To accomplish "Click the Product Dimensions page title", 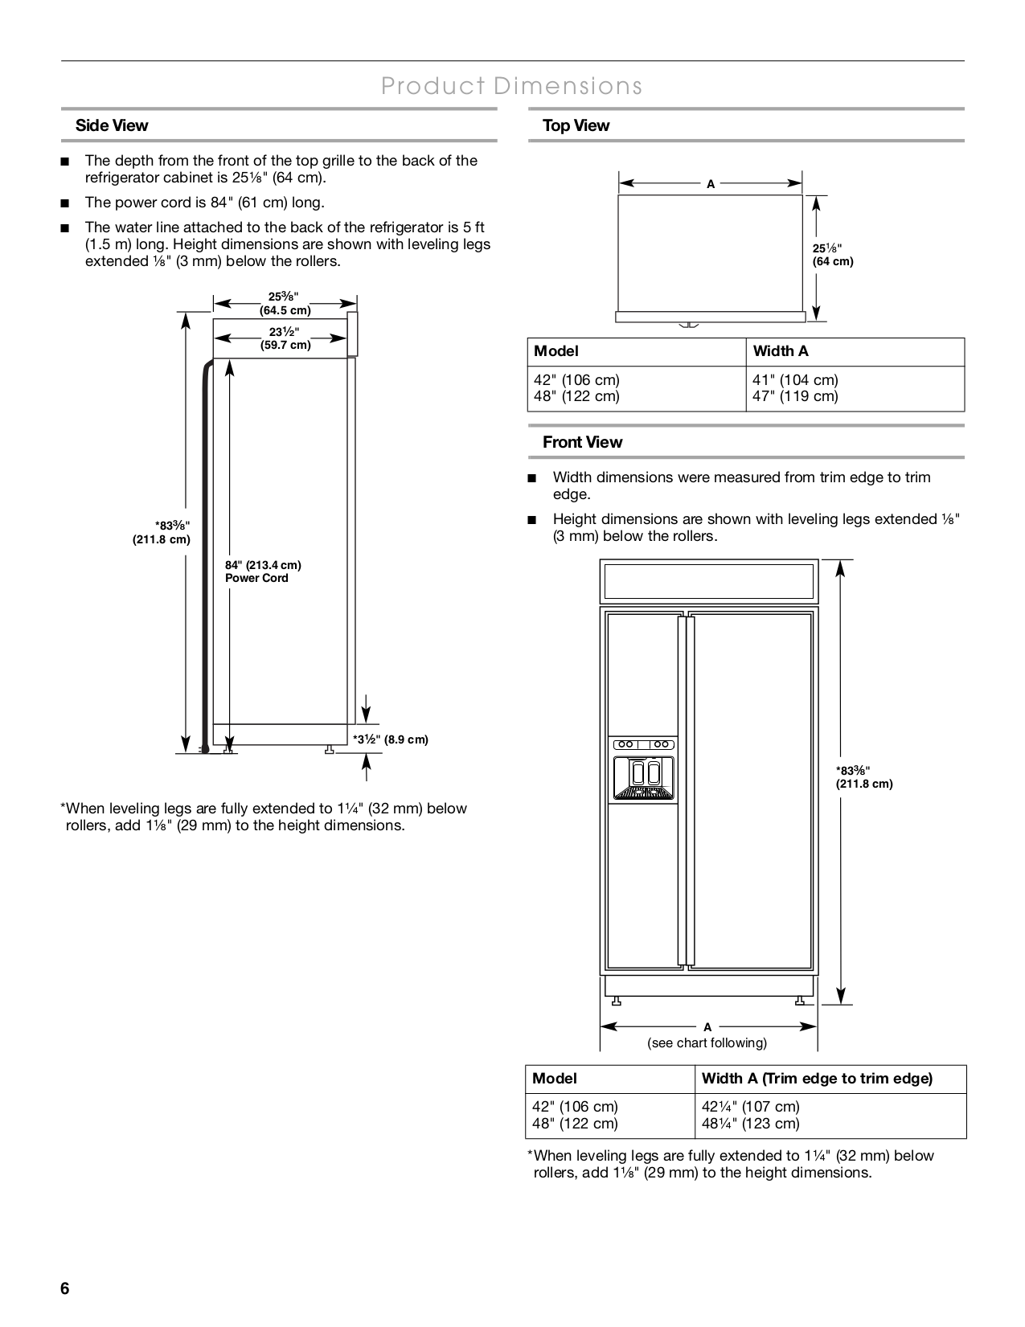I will (x=512, y=86).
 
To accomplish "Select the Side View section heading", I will (x=112, y=125).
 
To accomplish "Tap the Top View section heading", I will (x=576, y=125).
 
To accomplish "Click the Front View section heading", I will (x=582, y=442).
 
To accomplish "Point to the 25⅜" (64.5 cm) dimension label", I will (x=285, y=303).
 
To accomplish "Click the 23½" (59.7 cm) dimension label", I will (x=285, y=338).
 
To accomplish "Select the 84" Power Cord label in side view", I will (x=263, y=571).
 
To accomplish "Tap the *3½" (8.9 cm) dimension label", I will (x=391, y=739).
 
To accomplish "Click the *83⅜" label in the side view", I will (x=163, y=532).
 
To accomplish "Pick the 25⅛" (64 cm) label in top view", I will (x=832, y=255).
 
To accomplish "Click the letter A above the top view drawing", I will (x=711, y=184).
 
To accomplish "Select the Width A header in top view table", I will (x=781, y=351).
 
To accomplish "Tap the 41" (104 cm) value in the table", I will (x=795, y=379).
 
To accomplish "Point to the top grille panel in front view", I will (x=709, y=581).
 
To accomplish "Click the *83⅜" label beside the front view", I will (x=864, y=776).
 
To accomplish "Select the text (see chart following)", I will (x=707, y=1043).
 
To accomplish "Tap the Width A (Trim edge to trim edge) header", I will (x=817, y=1079).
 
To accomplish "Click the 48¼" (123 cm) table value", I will (x=750, y=1124).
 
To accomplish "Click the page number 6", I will (x=65, y=1289).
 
